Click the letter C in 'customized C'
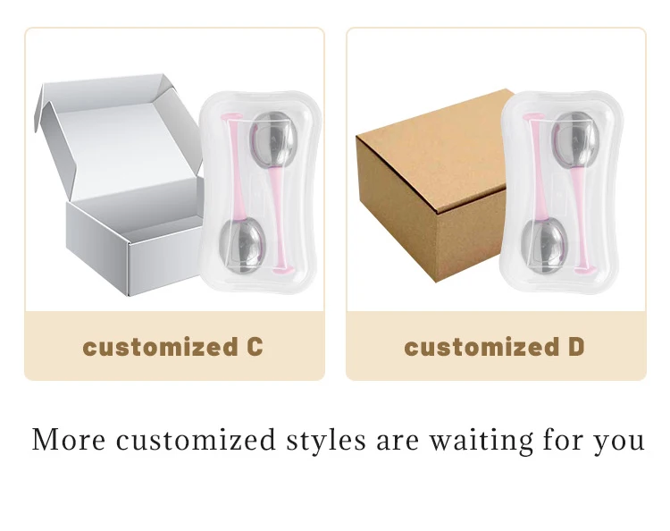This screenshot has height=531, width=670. pos(254,347)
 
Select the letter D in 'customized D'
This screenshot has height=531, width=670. pos(575,347)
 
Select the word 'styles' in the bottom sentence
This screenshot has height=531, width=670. pos(328,440)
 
